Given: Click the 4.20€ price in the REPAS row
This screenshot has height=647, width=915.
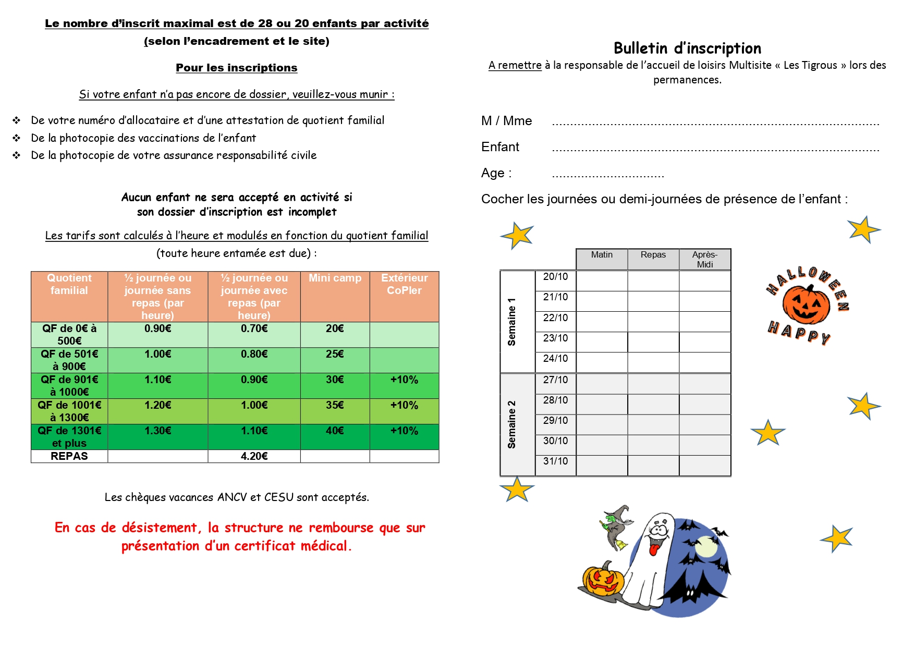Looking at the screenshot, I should point(254,456).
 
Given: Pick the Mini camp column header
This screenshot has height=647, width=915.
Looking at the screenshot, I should point(335,278).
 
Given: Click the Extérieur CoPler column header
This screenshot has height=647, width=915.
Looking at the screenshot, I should point(404,284).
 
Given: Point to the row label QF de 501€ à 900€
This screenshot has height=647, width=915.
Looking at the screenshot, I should point(69,360).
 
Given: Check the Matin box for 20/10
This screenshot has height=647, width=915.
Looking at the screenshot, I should point(602,280).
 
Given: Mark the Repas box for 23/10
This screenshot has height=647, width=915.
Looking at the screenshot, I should point(653,342).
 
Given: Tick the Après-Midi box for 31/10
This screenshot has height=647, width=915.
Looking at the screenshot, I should point(705,466).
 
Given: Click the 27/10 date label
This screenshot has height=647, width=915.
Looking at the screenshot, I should point(555,380).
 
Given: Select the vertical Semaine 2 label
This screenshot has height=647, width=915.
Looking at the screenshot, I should point(512,424).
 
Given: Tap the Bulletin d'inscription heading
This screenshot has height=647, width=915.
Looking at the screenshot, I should point(687,48).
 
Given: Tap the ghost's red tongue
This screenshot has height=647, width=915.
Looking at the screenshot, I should point(653,550).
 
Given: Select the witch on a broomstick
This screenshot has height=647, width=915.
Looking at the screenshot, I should point(617,527).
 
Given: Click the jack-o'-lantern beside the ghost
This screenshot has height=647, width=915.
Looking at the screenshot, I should point(604,580).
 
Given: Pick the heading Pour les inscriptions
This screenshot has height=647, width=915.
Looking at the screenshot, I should point(236,68).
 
